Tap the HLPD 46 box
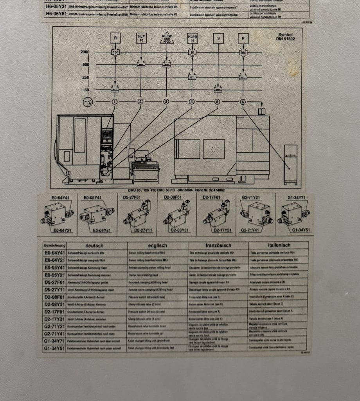(x=193, y=38)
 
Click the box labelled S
(x=218, y=38)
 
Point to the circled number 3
(x=166, y=102)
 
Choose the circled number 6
(x=243, y=102)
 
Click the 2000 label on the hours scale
(x=85, y=52)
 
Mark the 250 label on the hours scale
(x=86, y=78)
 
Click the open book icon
(x=261, y=112)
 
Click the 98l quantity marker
(x=243, y=52)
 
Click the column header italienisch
(x=279, y=246)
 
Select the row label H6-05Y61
(x=56, y=14)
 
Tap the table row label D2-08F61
(x=54, y=297)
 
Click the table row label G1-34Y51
(x=54, y=348)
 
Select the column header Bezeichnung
(x=54, y=246)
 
